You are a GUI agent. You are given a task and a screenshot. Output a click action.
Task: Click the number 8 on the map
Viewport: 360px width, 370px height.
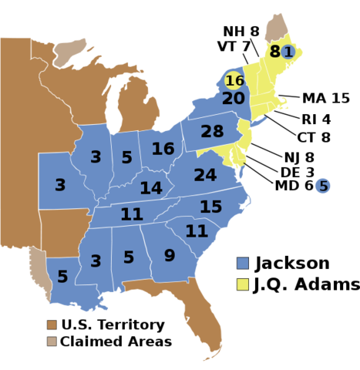tap(274, 52)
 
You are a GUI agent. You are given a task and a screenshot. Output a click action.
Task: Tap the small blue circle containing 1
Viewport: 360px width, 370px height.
tap(288, 52)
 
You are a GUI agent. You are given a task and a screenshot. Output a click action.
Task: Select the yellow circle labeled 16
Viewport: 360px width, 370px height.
tap(234, 81)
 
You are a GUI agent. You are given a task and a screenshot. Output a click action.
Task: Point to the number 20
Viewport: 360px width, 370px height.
tap(233, 99)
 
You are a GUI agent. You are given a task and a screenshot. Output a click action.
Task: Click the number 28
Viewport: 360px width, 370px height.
tap(212, 132)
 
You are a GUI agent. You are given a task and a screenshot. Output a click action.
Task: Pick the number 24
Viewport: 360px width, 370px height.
tap(205, 176)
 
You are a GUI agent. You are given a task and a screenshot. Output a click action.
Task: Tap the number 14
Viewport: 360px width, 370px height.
tap(151, 188)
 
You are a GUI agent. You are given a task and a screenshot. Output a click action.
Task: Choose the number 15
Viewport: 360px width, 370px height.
tap(210, 207)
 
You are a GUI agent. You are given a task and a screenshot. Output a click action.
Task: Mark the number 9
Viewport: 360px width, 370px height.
tap(169, 256)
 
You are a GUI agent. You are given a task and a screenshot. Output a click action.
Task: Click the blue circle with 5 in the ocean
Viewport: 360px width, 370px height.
tap(323, 186)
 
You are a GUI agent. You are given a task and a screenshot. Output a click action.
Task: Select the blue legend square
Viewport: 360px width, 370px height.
tap(243, 263)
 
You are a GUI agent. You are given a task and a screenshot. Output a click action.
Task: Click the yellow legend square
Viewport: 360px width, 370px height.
tap(243, 284)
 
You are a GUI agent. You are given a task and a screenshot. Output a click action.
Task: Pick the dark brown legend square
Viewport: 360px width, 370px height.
tap(52, 325)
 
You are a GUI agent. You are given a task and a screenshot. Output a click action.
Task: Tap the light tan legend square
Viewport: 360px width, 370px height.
tap(52, 341)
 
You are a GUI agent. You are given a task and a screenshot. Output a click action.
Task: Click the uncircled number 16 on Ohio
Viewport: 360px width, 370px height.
tap(163, 149)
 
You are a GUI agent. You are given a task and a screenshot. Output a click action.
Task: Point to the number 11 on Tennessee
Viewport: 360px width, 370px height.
tap(131, 214)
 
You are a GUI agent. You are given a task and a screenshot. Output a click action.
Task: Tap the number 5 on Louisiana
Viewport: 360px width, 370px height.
tap(62, 277)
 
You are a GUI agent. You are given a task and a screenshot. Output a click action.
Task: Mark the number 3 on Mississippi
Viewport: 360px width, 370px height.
tap(96, 261)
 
